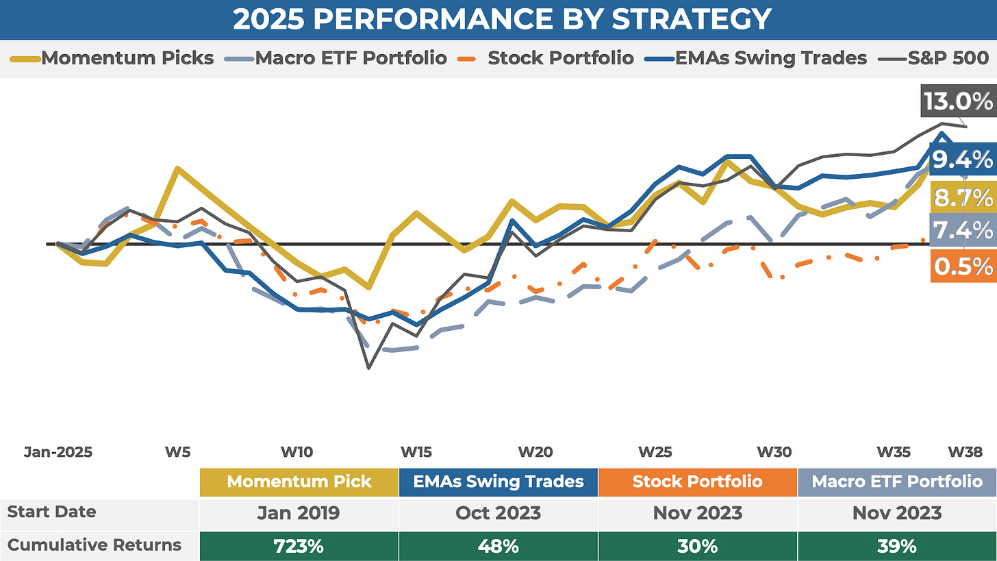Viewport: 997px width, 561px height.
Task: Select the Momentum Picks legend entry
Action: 127,58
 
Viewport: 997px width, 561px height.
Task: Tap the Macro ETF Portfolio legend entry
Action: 351,58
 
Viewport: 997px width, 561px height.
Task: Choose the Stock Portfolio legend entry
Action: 560,58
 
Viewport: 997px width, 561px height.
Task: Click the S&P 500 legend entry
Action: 948,58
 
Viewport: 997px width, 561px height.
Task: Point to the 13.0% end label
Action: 957,102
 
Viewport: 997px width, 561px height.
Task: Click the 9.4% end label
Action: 961,160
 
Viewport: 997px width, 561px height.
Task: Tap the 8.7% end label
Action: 962,198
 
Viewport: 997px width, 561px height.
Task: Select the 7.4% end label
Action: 962,229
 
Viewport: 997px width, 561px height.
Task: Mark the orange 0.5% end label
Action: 962,266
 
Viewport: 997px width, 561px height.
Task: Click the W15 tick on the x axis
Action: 416,452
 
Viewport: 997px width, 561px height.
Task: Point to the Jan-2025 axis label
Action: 58,452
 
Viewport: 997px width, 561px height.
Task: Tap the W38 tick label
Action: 965,452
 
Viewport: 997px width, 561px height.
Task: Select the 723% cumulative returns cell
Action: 299,546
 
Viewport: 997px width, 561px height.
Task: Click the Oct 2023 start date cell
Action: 498,512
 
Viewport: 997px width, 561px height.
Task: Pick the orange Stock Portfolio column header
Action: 697,481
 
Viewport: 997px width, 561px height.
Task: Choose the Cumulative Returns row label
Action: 94,545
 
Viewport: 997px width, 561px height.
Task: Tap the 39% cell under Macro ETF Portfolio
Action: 897,546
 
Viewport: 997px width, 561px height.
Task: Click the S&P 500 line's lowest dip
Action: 368,368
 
